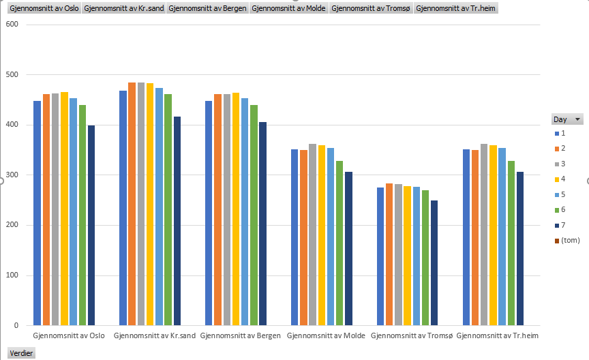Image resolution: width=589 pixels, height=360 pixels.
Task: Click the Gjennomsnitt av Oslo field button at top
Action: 44,9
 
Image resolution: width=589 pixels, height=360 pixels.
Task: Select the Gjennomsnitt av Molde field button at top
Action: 288,9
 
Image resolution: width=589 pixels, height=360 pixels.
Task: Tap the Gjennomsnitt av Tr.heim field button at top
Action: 455,9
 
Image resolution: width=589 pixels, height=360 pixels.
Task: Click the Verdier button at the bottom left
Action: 21,353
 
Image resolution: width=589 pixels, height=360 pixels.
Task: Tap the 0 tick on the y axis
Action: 15,326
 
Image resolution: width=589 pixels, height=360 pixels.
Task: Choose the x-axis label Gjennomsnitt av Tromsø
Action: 412,335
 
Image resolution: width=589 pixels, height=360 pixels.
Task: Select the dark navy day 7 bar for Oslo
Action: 91,225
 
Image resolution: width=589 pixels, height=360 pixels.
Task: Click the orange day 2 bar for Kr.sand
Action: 132,205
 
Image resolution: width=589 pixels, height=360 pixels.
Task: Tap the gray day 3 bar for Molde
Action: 313,235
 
